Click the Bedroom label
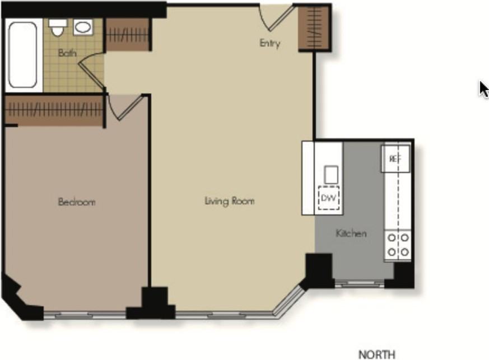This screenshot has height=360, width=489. [76, 202]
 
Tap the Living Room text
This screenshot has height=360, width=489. [229, 200]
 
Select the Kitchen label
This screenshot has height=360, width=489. [351, 233]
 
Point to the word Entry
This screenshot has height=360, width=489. [269, 43]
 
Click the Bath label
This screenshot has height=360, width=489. [67, 54]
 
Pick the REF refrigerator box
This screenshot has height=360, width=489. [395, 158]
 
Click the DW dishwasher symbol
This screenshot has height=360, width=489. [328, 198]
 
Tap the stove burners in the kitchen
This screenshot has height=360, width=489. [398, 245]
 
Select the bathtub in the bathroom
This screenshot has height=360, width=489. [23, 54]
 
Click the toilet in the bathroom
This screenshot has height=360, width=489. [57, 26]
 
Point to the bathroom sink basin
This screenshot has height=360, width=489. [84, 27]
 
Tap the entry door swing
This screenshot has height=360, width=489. [277, 17]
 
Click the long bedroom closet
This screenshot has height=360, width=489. [54, 110]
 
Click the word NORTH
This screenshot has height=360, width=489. [376, 354]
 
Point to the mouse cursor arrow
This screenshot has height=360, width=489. [484, 89]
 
